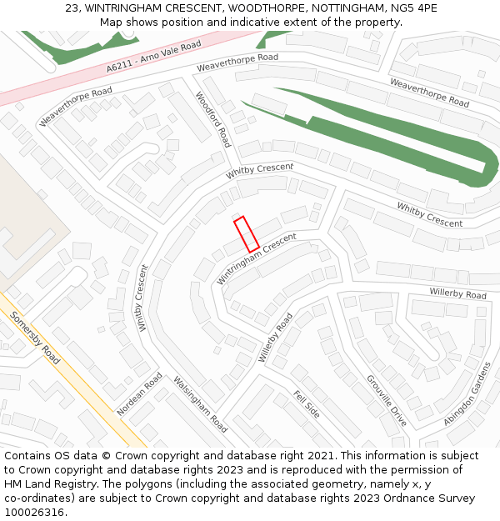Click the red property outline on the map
(x=247, y=234)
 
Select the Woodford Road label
(x=212, y=120)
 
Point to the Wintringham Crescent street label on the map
(x=257, y=258)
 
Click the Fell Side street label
(x=306, y=403)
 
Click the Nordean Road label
(x=140, y=394)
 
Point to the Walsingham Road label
(x=200, y=404)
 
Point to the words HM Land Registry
(x=49, y=484)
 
